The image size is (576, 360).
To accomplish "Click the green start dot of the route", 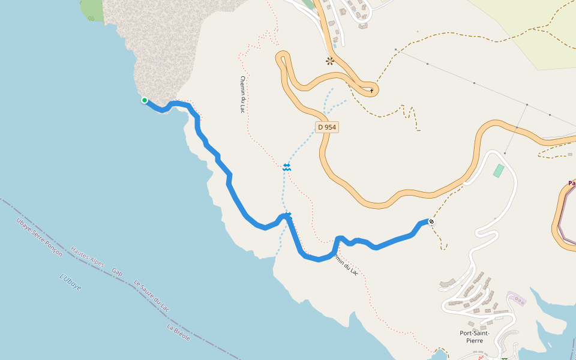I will (x=145, y=100).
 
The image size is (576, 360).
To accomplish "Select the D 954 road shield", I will (x=327, y=127).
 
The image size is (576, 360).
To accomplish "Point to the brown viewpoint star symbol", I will (x=329, y=61).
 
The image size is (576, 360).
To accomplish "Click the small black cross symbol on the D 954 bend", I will (x=372, y=91).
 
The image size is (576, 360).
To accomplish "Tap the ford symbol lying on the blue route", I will (x=288, y=214).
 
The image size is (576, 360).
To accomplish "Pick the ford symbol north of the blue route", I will (x=287, y=167).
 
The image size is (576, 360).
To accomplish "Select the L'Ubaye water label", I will (x=71, y=282).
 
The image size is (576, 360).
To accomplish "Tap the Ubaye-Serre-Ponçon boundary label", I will (x=40, y=237).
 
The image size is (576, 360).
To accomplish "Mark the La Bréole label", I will (x=179, y=332).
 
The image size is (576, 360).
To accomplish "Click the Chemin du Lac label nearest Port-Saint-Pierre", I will (x=346, y=264).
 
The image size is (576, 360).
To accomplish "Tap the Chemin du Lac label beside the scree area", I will (x=242, y=95).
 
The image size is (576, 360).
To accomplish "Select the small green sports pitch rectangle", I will (x=499, y=170).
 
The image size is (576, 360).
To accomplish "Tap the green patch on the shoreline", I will (x=92, y=10).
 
